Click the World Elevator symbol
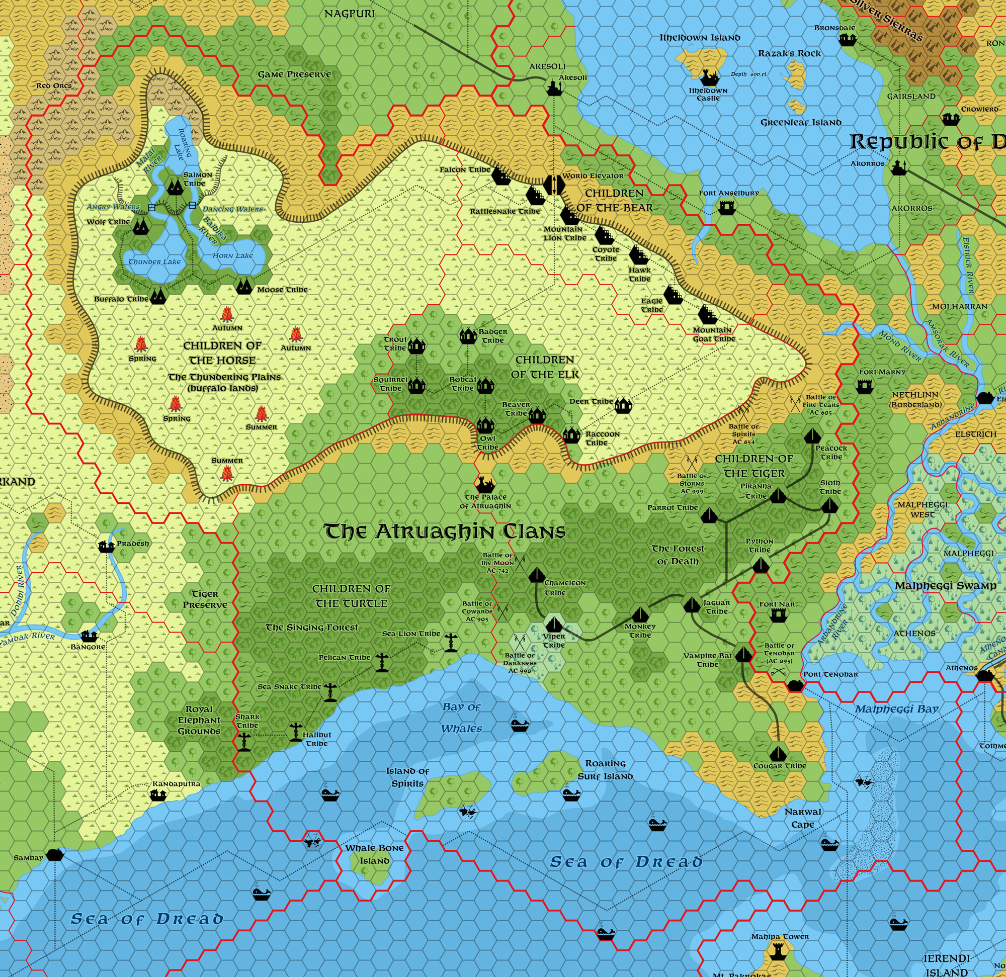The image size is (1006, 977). [553, 185]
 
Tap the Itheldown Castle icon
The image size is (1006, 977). [709, 78]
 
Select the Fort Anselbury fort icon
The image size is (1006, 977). [727, 207]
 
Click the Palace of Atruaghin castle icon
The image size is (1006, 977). [485, 483]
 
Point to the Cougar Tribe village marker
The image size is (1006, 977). [779, 754]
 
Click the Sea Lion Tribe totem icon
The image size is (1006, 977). [451, 643]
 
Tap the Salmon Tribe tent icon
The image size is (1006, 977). [175, 187]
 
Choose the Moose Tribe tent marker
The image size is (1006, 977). [244, 286]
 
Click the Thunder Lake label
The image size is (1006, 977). [154, 261]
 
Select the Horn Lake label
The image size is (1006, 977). [232, 255]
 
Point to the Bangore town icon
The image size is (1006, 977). [90, 636]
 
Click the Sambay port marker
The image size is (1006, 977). [54, 855]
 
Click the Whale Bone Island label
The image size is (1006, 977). [374, 854]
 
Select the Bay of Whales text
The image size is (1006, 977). [461, 718]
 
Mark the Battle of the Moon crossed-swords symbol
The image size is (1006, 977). [520, 563]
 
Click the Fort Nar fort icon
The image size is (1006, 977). [779, 614]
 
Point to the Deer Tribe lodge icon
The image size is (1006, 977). [623, 405]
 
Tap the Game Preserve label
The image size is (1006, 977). [294, 74]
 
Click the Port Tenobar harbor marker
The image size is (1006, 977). [795, 685]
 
